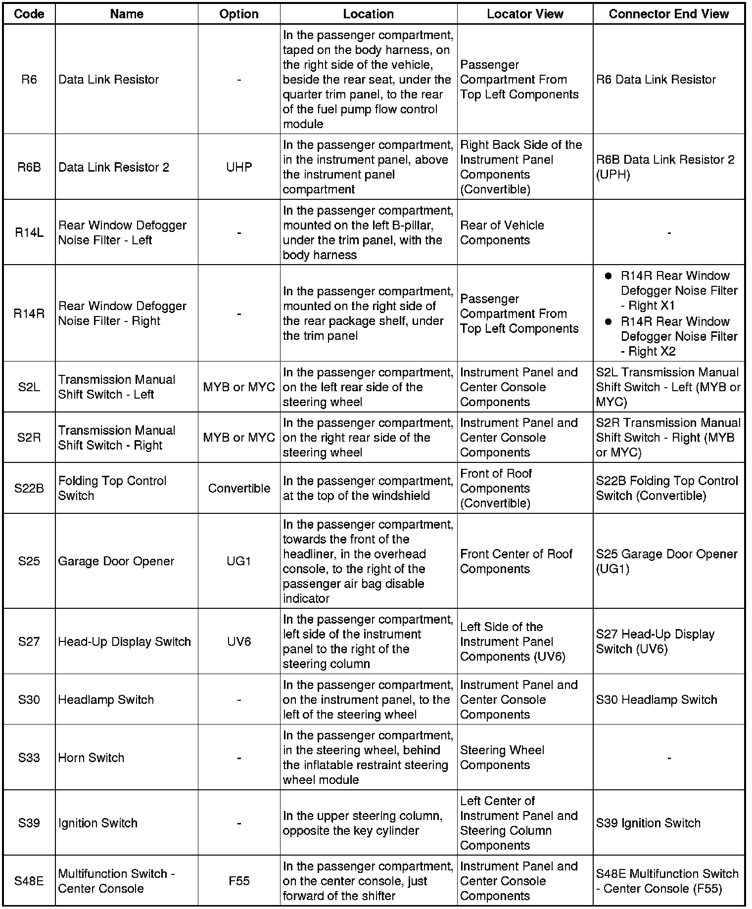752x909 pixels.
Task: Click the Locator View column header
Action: click(525, 14)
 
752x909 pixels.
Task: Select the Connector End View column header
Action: click(668, 14)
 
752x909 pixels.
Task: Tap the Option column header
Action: click(239, 14)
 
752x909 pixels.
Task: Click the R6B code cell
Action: click(29, 167)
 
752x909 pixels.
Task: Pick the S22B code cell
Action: click(29, 488)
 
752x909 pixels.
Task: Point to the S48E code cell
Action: click(29, 881)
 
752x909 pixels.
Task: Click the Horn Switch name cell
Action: click(91, 758)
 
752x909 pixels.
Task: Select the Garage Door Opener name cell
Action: click(116, 561)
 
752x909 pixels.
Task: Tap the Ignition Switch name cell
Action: click(97, 823)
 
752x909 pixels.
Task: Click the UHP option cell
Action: click(239, 167)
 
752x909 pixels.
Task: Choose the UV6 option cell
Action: click(239, 641)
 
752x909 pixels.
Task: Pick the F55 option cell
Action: click(239, 881)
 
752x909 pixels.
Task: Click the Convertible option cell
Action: click(239, 488)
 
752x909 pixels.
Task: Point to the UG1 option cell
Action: click(239, 561)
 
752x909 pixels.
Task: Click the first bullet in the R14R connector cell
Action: click(609, 276)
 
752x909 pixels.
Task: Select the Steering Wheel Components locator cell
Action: click(502, 758)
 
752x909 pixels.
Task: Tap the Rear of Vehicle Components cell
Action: click(502, 232)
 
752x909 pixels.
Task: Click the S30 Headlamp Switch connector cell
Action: click(657, 699)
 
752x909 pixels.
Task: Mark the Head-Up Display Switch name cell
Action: click(124, 641)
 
